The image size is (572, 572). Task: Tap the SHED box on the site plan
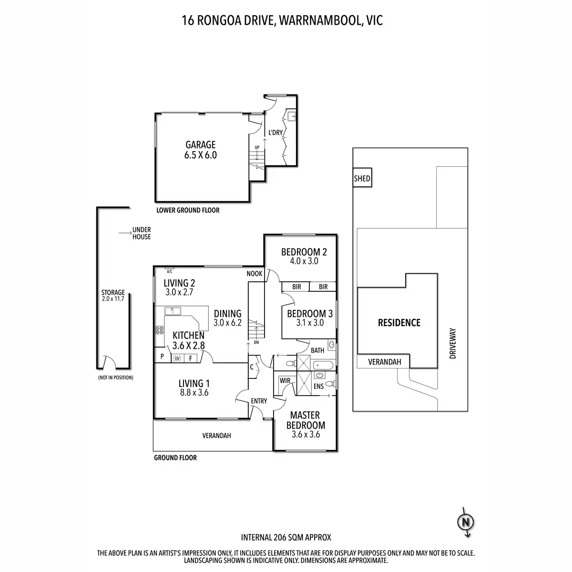362,177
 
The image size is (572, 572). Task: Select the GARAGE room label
200,144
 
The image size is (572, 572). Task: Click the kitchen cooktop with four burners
159,330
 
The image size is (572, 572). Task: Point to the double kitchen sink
173,311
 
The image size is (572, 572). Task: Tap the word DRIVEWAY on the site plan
453,343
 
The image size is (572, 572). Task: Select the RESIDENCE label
399,323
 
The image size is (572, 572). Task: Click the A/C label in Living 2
169,271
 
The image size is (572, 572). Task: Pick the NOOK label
255,274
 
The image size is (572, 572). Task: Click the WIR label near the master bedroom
285,380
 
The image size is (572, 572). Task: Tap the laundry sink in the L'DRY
292,116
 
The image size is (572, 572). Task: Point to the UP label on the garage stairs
257,147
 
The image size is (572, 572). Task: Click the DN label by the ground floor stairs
256,342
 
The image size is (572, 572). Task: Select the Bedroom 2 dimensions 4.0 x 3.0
304,261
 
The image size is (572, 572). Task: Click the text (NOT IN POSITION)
116,378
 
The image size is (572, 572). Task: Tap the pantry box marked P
163,357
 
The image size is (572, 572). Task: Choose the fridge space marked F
191,358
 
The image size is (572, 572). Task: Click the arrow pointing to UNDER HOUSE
125,233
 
